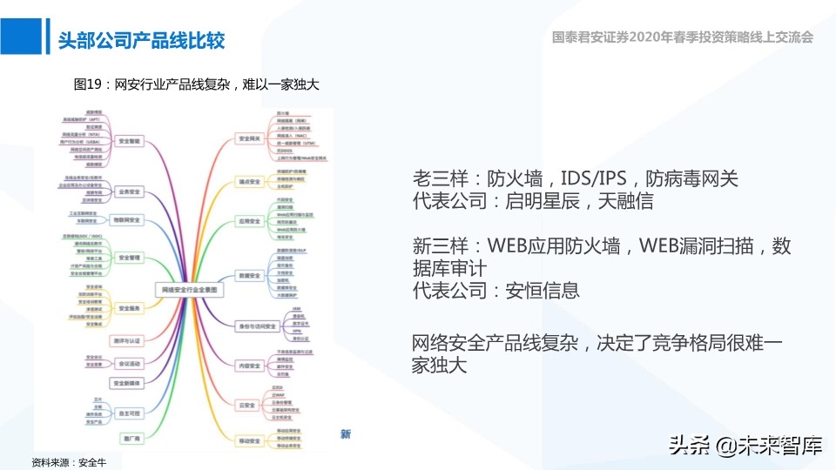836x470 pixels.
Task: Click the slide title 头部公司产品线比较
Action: pos(140,40)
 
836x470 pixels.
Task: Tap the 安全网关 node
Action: pos(250,138)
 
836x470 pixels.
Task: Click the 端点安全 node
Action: pos(250,181)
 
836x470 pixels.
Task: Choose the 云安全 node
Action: pos(246,405)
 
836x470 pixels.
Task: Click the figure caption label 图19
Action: pos(89,84)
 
